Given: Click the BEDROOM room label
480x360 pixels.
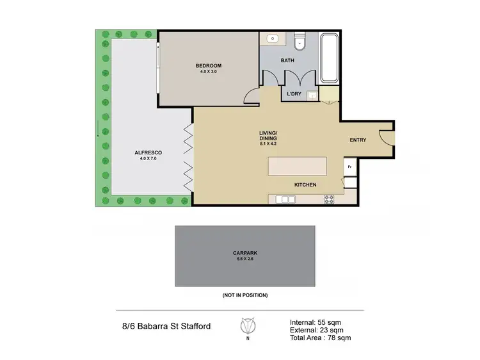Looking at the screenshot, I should point(209,66).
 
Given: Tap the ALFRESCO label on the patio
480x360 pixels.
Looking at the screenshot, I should point(148,152).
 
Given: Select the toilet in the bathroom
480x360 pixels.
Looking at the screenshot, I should point(298,43).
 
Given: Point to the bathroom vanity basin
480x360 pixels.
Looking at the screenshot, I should point(273,39).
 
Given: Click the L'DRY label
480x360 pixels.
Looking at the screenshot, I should point(294,94).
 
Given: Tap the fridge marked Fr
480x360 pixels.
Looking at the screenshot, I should point(349,167).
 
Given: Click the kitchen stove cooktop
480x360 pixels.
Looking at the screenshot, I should point(329,199).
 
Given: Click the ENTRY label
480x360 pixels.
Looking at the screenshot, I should point(358,140).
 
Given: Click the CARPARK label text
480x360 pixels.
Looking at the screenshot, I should point(245,252).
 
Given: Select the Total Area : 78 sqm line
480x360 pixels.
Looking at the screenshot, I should point(319,338).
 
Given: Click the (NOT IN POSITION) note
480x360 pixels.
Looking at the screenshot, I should point(245,295).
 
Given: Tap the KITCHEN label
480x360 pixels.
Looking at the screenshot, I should point(305,185).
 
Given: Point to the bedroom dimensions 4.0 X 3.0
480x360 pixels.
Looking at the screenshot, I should point(209,72).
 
